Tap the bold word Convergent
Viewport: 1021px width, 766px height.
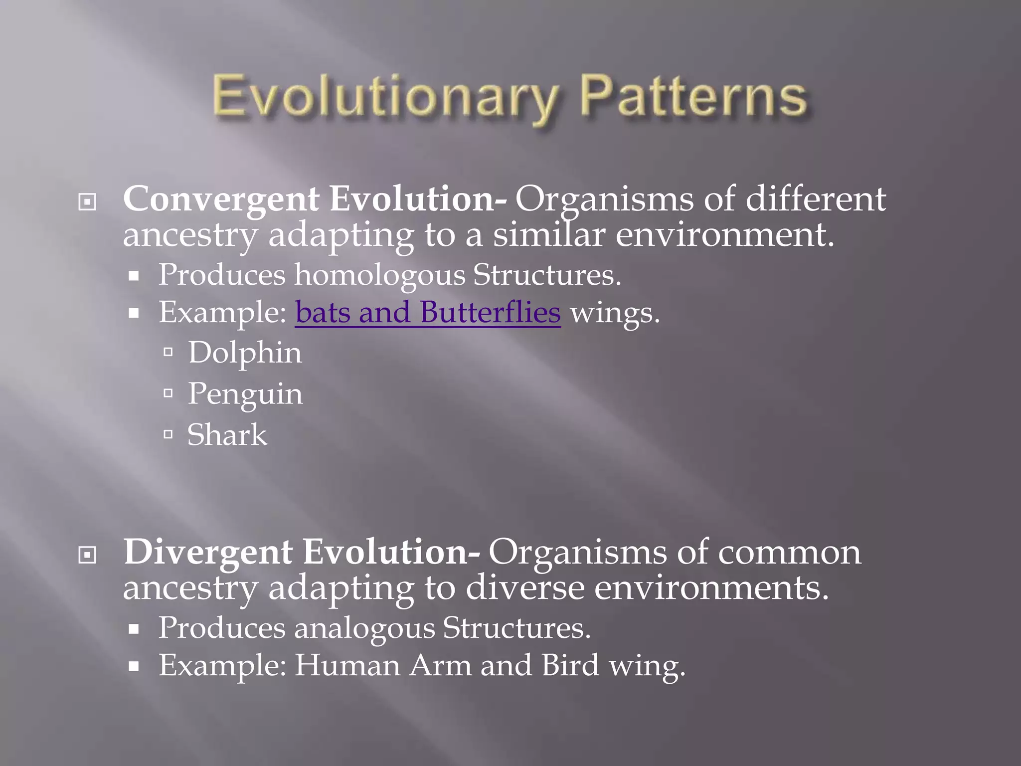(x=221, y=199)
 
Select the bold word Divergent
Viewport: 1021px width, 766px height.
(x=208, y=553)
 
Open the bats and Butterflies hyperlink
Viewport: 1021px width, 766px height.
(x=428, y=313)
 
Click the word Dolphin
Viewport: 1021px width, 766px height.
(x=245, y=353)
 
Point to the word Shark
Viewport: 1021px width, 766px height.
(x=227, y=435)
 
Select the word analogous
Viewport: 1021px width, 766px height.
(x=364, y=628)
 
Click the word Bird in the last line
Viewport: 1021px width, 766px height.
(x=570, y=666)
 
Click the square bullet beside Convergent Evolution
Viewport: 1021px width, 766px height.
(x=87, y=202)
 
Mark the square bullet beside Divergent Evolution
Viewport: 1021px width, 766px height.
(x=87, y=555)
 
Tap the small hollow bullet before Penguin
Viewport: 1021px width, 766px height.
(x=169, y=393)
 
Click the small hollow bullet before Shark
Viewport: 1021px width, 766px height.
(x=169, y=434)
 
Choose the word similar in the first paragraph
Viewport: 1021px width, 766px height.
(x=549, y=235)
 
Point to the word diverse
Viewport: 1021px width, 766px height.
(x=524, y=588)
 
